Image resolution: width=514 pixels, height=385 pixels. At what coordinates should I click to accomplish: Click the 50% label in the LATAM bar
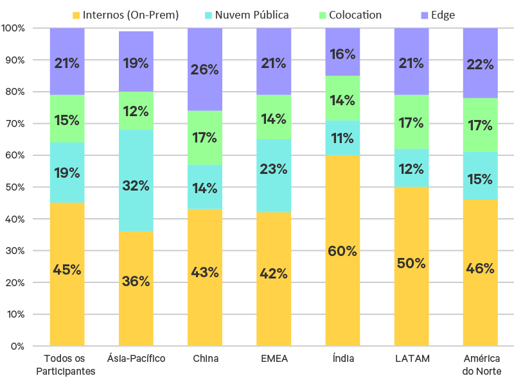click(x=411, y=263)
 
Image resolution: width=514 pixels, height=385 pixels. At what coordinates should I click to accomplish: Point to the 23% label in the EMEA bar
click(x=274, y=169)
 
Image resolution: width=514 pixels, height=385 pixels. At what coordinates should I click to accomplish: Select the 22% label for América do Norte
click(x=480, y=64)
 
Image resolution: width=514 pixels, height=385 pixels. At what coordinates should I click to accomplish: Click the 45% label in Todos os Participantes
click(x=67, y=269)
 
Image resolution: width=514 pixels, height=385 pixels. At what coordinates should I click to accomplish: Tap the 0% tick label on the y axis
click(x=17, y=346)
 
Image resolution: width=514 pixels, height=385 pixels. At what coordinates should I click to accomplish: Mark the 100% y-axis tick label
click(x=13, y=28)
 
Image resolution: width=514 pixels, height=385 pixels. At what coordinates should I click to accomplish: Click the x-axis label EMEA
click(x=274, y=358)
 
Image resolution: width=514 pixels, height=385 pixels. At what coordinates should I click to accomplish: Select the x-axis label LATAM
click(x=411, y=358)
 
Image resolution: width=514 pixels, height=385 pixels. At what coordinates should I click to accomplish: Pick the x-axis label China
click(x=205, y=358)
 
